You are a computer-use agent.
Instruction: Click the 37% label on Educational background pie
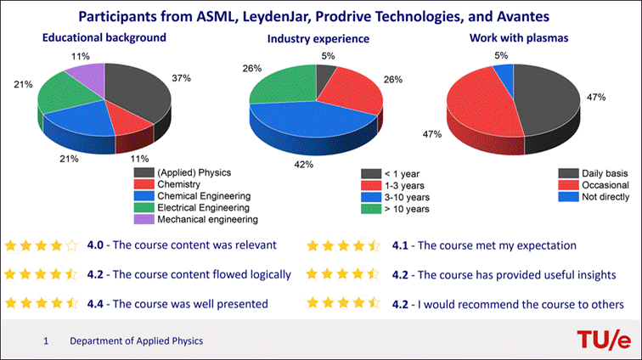180,78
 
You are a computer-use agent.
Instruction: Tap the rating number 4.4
97,304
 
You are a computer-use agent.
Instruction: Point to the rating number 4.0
97,246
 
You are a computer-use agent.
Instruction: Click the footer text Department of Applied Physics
136,341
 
